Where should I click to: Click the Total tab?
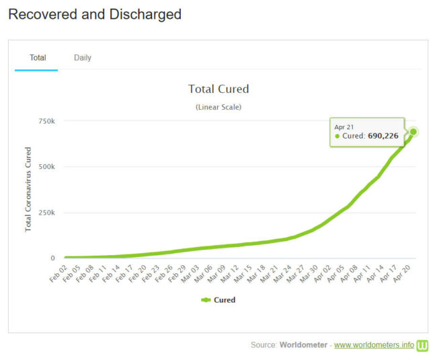38,58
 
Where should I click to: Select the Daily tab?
83,58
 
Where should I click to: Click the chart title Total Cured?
218,89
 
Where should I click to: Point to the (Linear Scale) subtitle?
218,107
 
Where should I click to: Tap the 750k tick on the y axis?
46,121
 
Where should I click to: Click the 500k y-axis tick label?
46,167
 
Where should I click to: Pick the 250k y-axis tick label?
46,213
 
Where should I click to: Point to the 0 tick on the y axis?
52,258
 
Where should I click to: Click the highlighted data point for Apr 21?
413,132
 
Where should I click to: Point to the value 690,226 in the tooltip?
383,136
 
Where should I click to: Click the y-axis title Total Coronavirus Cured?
28,189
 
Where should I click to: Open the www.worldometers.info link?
374,345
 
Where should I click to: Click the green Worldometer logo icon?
423,345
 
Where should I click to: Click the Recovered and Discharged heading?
95,14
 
